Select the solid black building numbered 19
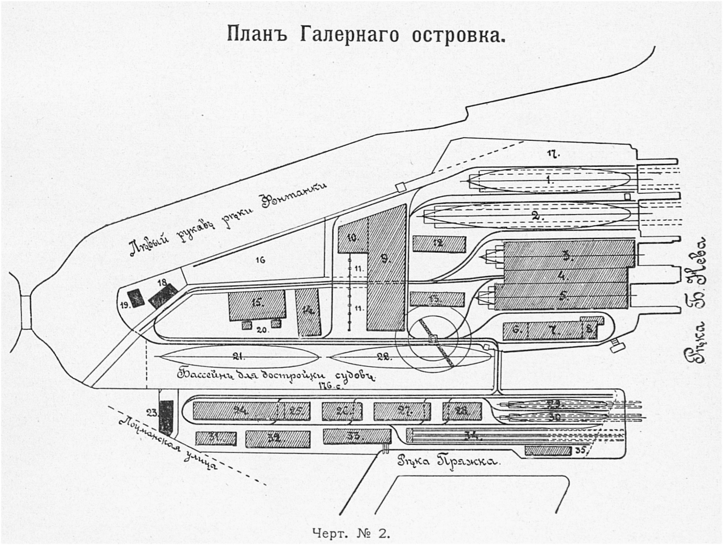pyautogui.click(x=136, y=298)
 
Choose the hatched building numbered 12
pyautogui.click(x=439, y=243)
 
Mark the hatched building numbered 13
pyautogui.click(x=437, y=299)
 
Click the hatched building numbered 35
pyautogui.click(x=548, y=450)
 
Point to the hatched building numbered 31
pyautogui.click(x=216, y=438)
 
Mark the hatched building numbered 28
pyautogui.click(x=462, y=411)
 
